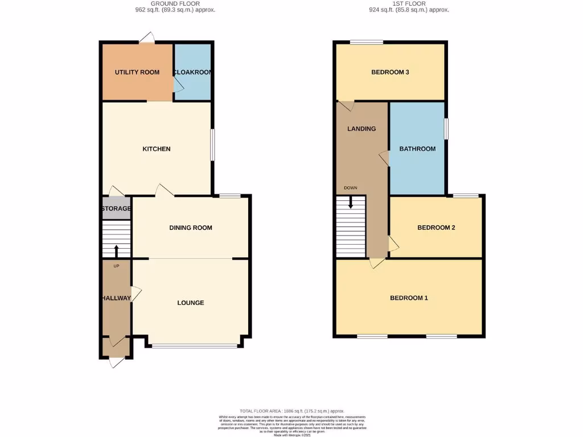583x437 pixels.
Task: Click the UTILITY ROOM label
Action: pyautogui.click(x=137, y=72)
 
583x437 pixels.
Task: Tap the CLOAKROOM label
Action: pyautogui.click(x=192, y=72)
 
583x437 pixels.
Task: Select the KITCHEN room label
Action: pyautogui.click(x=156, y=149)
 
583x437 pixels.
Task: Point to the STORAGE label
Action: pyautogui.click(x=116, y=209)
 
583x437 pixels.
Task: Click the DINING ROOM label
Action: pyautogui.click(x=190, y=228)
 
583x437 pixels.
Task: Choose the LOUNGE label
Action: pyautogui.click(x=190, y=303)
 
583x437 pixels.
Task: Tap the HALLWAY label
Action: pyautogui.click(x=116, y=298)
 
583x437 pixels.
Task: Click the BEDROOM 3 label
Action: pyautogui.click(x=390, y=72)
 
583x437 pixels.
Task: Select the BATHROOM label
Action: pyautogui.click(x=417, y=149)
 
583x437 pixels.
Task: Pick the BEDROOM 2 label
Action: pyautogui.click(x=436, y=228)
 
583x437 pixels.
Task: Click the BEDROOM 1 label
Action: pyautogui.click(x=408, y=298)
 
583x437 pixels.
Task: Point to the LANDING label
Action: pyautogui.click(x=362, y=129)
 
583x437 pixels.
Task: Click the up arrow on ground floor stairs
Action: pyautogui.click(x=117, y=250)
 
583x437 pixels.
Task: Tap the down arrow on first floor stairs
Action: pyautogui.click(x=351, y=201)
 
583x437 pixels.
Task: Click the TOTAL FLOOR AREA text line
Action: pyautogui.click(x=291, y=411)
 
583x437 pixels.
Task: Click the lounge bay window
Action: pyautogui.click(x=195, y=346)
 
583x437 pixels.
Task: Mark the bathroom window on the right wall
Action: pyautogui.click(x=446, y=129)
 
